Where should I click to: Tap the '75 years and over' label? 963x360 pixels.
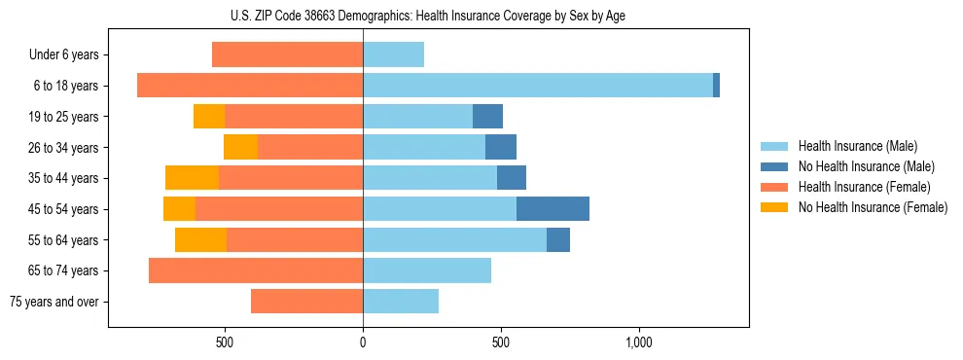[x=54, y=302]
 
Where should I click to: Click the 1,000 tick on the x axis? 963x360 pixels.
[x=638, y=342]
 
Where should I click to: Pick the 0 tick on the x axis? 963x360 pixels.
[x=363, y=342]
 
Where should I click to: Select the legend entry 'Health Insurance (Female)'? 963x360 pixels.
[x=858, y=187]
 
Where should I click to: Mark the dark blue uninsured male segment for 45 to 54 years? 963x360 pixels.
[x=553, y=209]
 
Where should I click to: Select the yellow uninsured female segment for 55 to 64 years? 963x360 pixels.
[x=200, y=240]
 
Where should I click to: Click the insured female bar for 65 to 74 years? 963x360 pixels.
[x=256, y=270]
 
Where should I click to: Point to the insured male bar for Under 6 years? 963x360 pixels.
[x=393, y=55]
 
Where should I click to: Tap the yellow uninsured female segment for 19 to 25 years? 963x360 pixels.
[x=209, y=117]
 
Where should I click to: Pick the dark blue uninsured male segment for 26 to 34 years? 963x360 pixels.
[x=500, y=148]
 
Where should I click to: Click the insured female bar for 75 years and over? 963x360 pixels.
[x=306, y=302]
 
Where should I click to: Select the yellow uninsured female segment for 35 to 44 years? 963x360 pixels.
[x=192, y=178]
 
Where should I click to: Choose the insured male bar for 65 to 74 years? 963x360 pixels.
[x=427, y=270]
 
